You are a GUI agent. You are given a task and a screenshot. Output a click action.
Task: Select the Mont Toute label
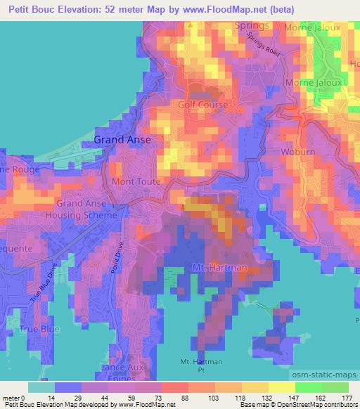pos(136,181)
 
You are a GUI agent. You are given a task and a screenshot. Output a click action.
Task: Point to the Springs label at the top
pos(252,26)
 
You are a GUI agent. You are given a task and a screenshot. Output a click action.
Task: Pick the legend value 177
pos(345,397)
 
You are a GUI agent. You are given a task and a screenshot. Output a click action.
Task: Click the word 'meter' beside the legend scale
pos(12,397)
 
